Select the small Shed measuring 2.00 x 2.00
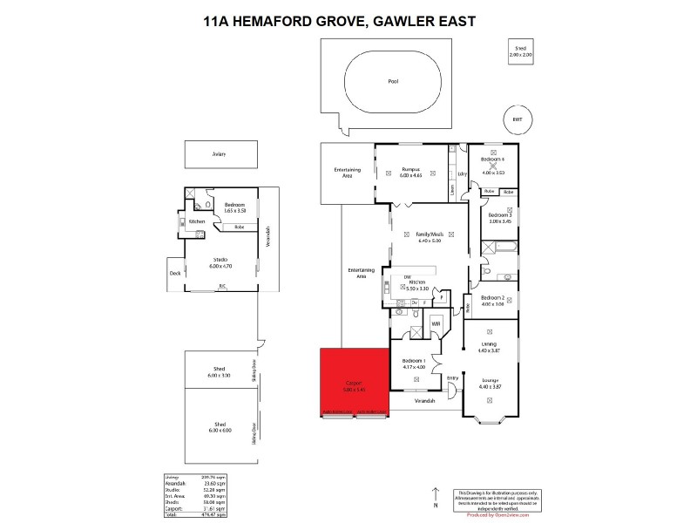pyautogui.click(x=520, y=52)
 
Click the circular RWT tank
pyautogui.click(x=517, y=118)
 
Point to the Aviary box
pyautogui.click(x=220, y=154)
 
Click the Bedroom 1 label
pyautogui.click(x=413, y=363)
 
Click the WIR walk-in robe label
pyautogui.click(x=436, y=323)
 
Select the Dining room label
pyautogui.click(x=489, y=348)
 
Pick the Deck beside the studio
pyautogui.click(x=174, y=273)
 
